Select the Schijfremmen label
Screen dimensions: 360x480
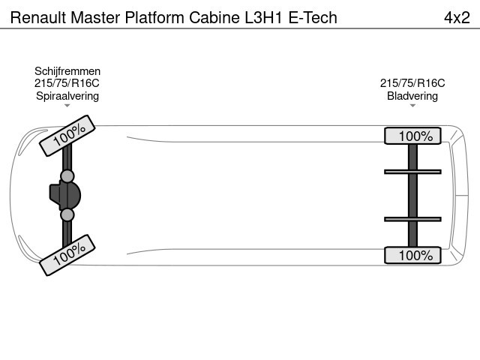67,71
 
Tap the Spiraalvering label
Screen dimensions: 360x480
67,96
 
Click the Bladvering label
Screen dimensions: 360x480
412,96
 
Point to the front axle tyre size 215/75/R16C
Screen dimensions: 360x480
67,83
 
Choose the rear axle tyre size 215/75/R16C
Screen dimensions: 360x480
412,83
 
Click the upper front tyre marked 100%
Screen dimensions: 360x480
68,136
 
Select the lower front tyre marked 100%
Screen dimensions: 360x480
68,255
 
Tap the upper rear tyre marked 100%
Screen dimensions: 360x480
412,136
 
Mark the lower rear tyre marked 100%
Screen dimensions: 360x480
412,255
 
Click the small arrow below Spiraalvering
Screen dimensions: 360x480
67,106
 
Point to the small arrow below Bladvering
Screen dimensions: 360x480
412,106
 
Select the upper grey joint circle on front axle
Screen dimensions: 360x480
67,176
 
